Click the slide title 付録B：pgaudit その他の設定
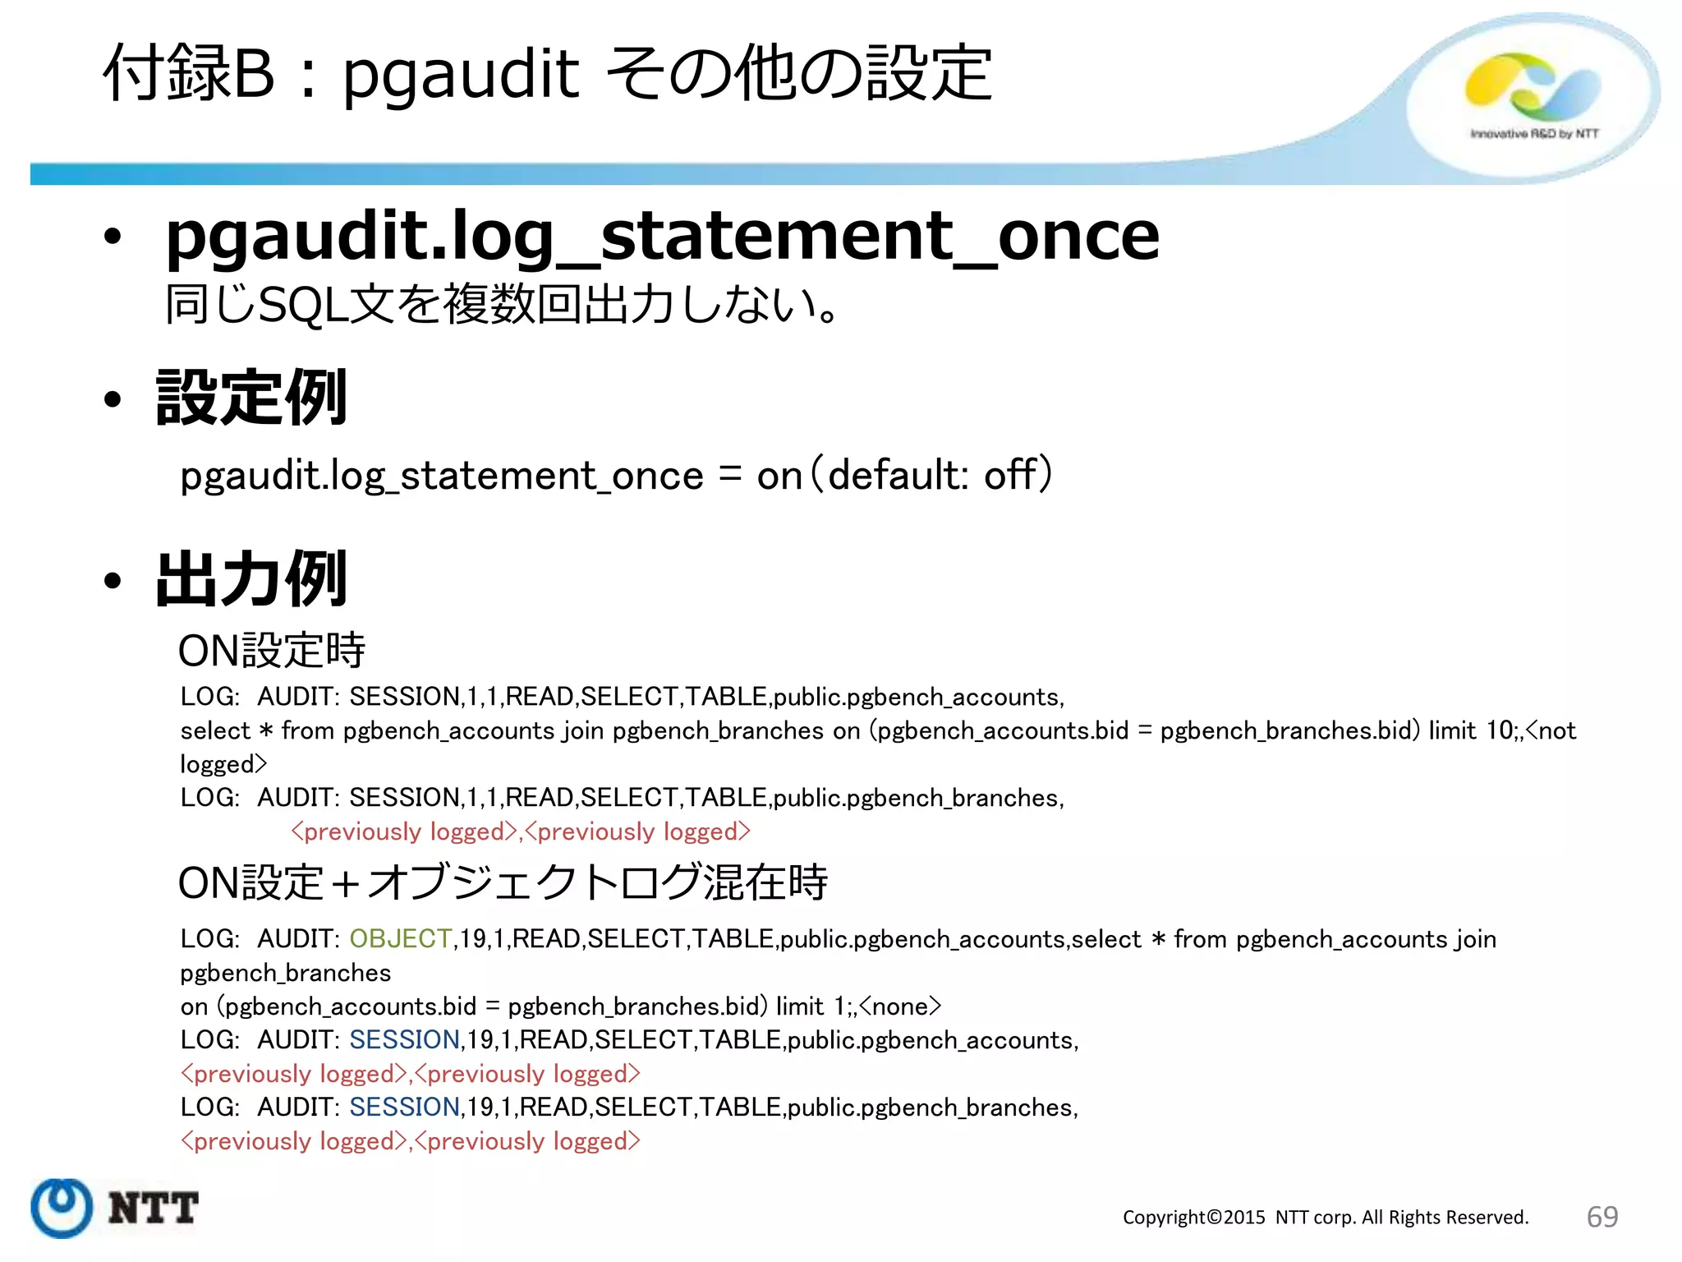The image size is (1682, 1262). [548, 74]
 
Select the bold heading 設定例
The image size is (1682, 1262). [251, 398]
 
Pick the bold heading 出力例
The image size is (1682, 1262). [251, 580]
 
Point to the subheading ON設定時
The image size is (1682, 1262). [272, 651]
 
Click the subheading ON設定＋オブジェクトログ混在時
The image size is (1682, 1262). [503, 883]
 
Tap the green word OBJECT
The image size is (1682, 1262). [400, 938]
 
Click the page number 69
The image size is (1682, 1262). [1602, 1217]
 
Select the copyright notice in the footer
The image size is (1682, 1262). [1325, 1218]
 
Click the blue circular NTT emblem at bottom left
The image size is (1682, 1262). [62, 1207]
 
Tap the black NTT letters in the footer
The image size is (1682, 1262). [154, 1208]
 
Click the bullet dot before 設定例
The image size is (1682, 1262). [113, 400]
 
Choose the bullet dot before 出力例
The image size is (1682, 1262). [113, 582]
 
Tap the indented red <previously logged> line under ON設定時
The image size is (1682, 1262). [521, 831]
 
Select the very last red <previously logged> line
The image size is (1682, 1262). [410, 1141]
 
